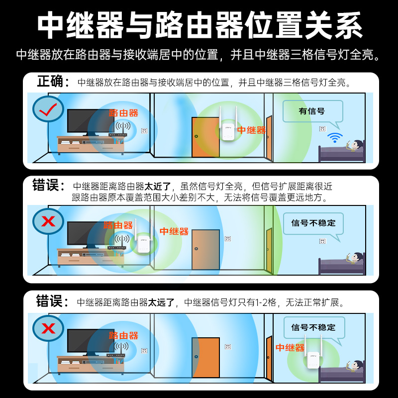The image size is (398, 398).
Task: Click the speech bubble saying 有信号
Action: [312, 111]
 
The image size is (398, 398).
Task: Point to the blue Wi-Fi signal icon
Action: [334, 137]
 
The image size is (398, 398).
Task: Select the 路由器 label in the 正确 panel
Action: [123, 113]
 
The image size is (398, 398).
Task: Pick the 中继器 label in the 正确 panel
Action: [251, 130]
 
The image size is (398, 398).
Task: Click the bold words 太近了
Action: [158, 187]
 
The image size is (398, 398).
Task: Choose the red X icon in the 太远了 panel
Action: [48, 328]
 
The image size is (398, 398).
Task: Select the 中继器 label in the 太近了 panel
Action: [174, 231]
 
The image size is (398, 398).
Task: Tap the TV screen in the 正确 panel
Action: [90, 121]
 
